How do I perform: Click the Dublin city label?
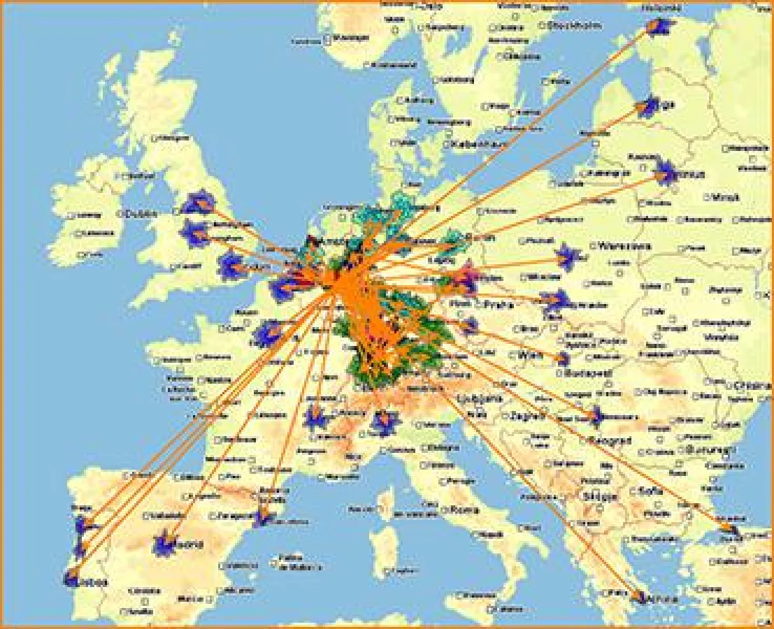(x=141, y=214)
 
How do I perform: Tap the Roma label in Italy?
(x=465, y=509)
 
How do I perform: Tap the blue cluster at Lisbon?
(x=71, y=578)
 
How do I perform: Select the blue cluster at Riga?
(x=651, y=107)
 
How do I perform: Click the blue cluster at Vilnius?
(x=668, y=172)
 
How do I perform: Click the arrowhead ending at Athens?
(x=638, y=598)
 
